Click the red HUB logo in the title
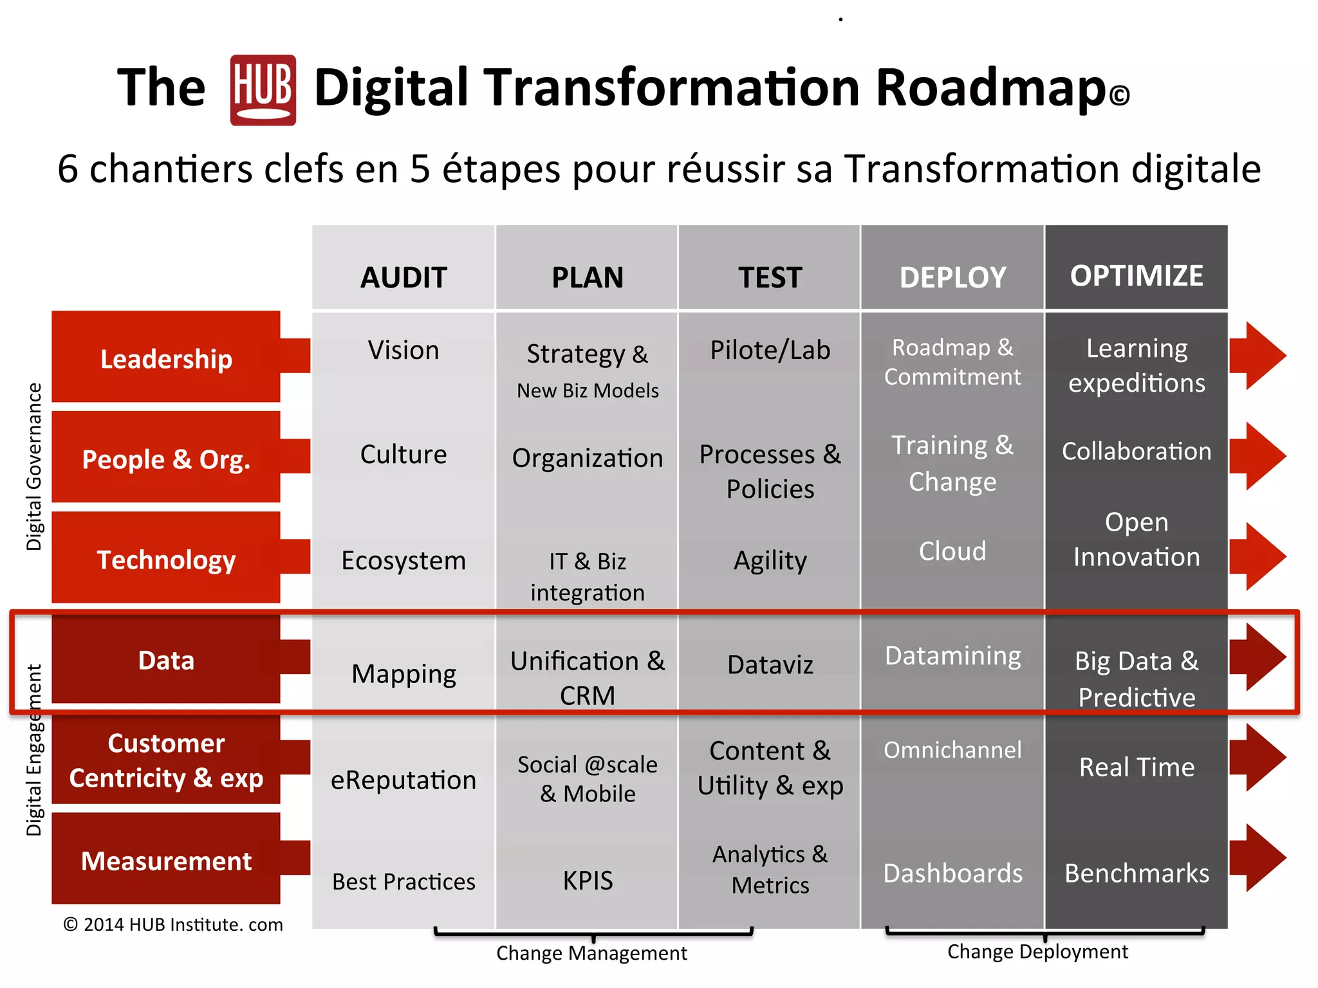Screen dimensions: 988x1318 point(263,90)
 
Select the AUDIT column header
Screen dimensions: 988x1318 point(404,277)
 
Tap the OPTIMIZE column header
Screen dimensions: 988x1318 point(1137,276)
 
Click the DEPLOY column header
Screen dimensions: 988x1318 point(952,277)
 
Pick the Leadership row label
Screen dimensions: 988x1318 point(166,358)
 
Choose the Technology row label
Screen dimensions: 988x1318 point(166,560)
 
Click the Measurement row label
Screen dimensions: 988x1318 point(166,861)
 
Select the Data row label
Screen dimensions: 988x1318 point(166,660)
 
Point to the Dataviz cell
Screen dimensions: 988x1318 point(770,664)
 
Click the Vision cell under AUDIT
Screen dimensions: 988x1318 point(404,351)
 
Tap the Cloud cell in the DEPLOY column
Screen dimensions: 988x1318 point(952,551)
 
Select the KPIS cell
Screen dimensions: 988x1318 point(588,880)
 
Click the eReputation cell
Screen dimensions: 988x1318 point(404,780)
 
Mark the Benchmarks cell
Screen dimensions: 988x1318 point(1137,874)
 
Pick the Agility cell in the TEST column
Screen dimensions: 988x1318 point(770,560)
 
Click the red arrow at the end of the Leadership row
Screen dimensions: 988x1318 point(1258,356)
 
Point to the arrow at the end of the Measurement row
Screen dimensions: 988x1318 point(1258,857)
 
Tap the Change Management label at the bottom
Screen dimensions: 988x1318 point(591,953)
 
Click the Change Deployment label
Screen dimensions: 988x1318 point(1037,951)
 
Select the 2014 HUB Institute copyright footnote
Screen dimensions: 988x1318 point(173,924)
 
